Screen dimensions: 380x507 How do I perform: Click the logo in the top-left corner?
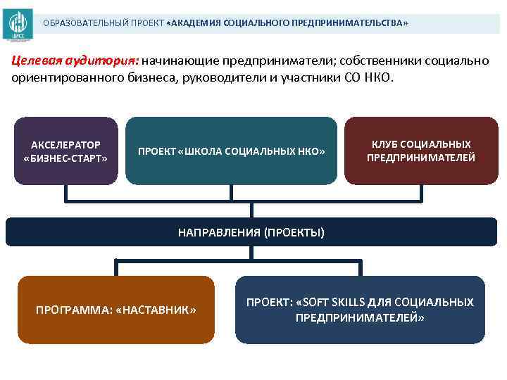[17, 24]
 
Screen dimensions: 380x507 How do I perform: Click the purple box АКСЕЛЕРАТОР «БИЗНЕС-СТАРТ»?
[65, 151]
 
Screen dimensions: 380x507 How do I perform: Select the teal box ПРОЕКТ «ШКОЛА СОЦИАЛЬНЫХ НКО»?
[231, 151]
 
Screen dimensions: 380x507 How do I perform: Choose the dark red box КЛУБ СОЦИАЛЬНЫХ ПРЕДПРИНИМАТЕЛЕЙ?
[421, 151]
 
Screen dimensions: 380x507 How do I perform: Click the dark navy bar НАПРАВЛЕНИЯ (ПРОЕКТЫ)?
[251, 232]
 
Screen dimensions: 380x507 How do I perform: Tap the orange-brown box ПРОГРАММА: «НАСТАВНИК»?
[115, 310]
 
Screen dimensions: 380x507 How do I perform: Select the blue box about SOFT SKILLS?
[360, 310]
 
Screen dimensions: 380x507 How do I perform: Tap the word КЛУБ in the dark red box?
[384, 144]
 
